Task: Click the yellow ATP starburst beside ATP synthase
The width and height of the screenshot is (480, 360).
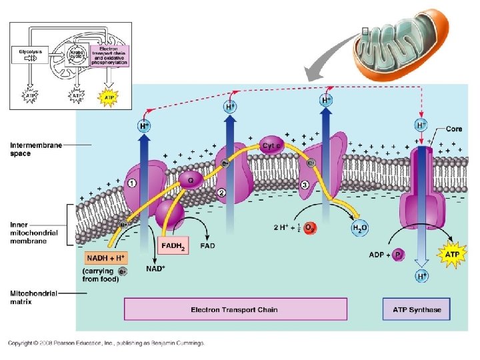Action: [x=453, y=254]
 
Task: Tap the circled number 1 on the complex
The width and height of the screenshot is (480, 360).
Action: [x=132, y=184]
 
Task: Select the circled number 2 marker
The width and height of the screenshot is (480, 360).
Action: [x=221, y=193]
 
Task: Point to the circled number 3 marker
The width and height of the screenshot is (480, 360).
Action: [x=305, y=185]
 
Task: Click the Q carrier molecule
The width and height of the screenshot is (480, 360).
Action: [x=191, y=178]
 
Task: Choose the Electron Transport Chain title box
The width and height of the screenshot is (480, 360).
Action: [x=235, y=309]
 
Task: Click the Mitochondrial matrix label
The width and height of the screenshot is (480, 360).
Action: [x=33, y=297]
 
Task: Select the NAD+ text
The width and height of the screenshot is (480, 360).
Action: [x=155, y=269]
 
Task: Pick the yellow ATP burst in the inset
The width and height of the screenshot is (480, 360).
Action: [x=109, y=97]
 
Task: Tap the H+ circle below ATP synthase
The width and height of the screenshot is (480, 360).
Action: [x=422, y=275]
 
